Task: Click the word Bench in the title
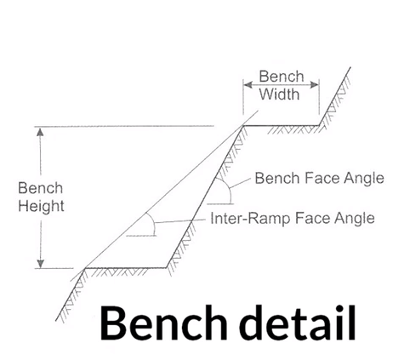163,323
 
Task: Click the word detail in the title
298,323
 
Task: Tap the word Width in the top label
279,94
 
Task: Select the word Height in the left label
41,206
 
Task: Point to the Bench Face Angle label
320,179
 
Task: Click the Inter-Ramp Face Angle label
293,219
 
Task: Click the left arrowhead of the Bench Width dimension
248,84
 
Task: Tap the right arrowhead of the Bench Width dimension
315,84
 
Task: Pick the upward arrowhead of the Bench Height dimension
41,132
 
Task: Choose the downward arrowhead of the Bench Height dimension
41,264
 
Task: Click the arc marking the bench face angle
228,188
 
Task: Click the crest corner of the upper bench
243,125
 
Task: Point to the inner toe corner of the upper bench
319,125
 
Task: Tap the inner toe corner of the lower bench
166,268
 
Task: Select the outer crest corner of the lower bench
85,268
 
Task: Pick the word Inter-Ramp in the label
247,219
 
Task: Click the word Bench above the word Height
40,188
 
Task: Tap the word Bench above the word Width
282,77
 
